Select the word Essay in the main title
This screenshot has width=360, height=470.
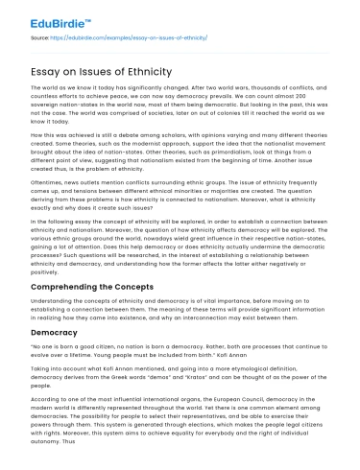(53, 72)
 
